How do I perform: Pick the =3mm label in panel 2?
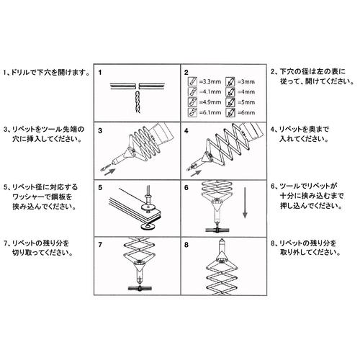tap(245, 83)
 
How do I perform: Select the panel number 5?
tap(101, 188)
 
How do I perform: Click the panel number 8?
tap(186, 245)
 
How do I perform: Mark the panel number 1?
tap(101, 73)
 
